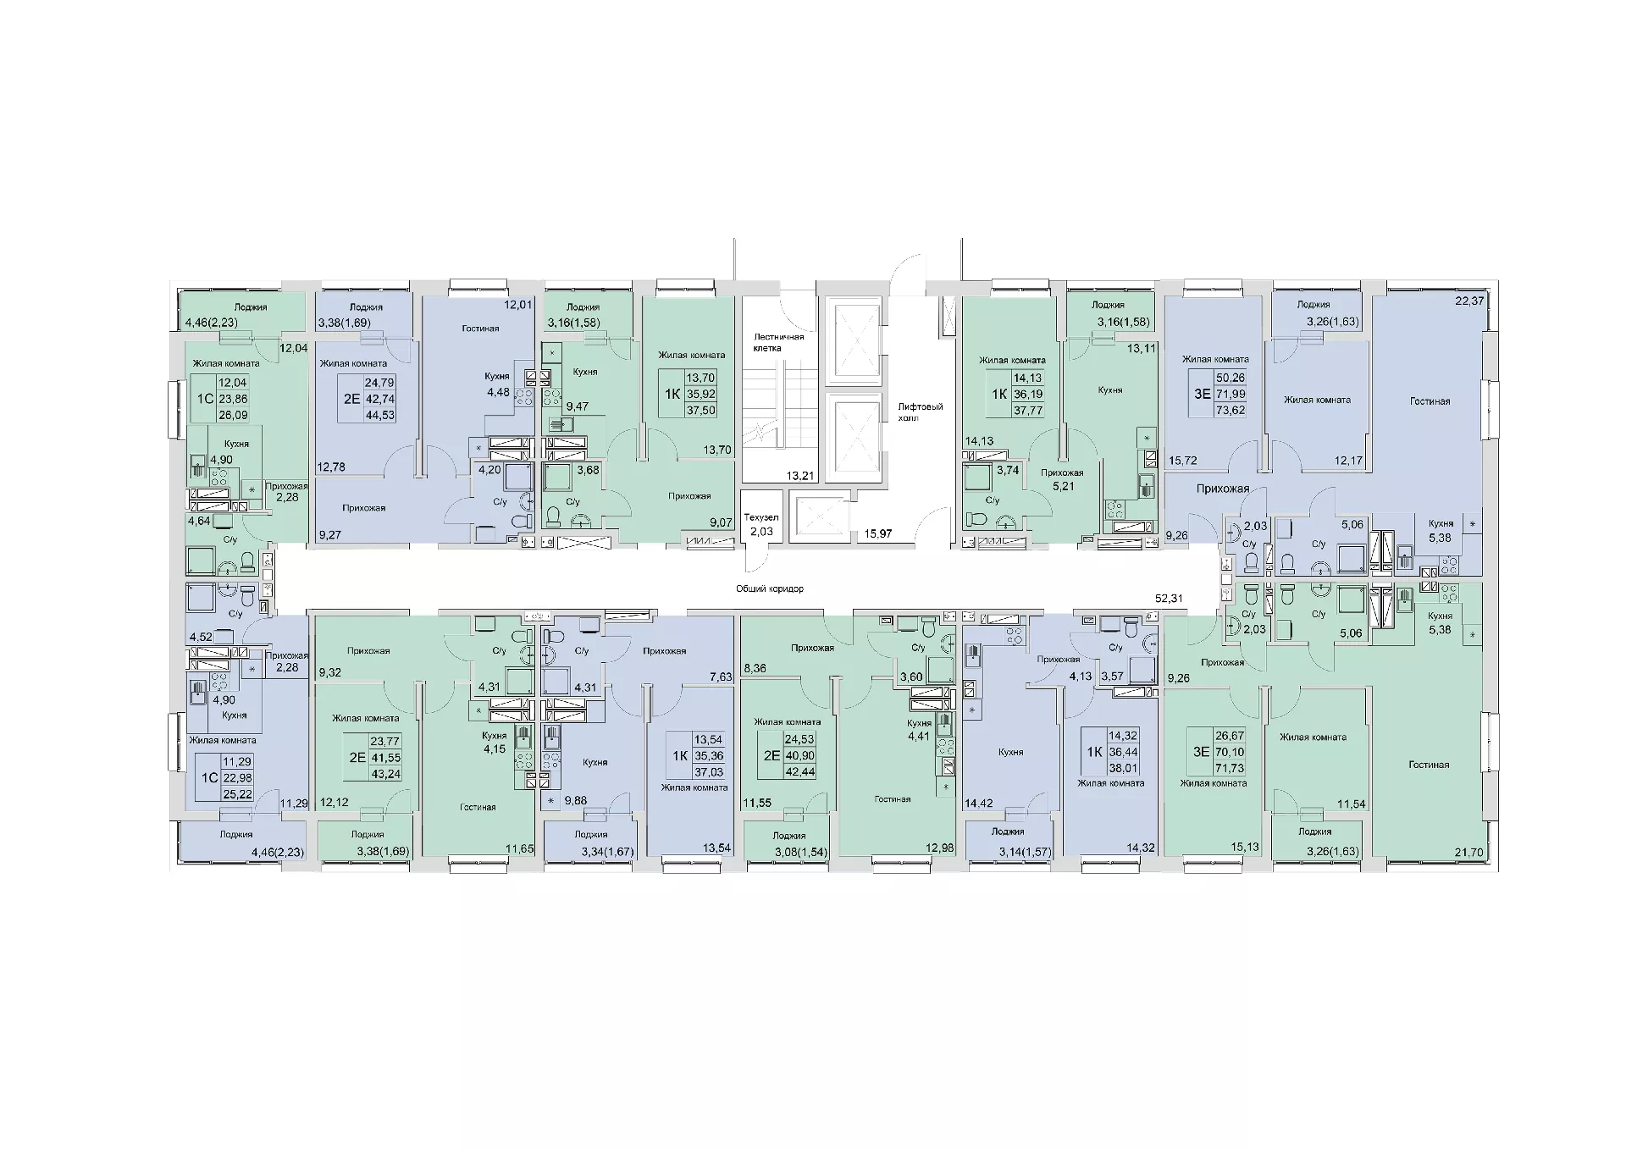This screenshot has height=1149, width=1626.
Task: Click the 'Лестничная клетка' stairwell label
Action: [x=779, y=342]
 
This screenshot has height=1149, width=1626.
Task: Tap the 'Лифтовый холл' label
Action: [x=921, y=412]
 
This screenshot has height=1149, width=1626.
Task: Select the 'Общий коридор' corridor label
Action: [x=770, y=588]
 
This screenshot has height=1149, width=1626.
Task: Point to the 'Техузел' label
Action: [x=760, y=517]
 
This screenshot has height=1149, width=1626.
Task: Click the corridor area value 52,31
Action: [x=1169, y=599]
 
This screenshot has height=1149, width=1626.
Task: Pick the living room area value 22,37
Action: [x=1469, y=301]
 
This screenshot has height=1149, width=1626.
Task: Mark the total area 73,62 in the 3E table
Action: [x=1231, y=410]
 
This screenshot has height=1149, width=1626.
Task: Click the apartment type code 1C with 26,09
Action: [x=204, y=399]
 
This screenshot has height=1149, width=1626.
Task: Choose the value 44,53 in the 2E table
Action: [x=380, y=415]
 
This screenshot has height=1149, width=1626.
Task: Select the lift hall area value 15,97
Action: [x=877, y=533]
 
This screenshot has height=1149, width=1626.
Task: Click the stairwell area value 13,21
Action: [x=800, y=476]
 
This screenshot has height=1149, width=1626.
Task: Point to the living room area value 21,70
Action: [x=1468, y=853]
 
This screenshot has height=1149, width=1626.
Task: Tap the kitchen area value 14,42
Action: [x=979, y=804]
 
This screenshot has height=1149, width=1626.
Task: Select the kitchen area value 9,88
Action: [x=576, y=800]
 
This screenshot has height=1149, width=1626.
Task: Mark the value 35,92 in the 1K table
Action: [x=700, y=394]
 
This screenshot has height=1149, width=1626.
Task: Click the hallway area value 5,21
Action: [x=1063, y=487]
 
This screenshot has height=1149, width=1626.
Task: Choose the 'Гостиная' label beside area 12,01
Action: [x=480, y=329]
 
